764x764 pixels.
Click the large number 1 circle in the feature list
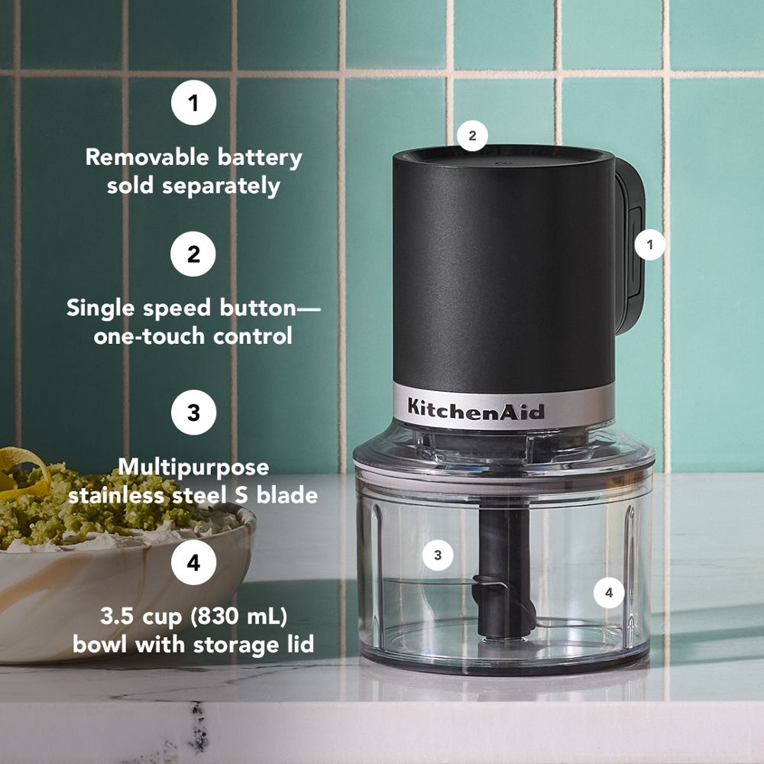(x=193, y=102)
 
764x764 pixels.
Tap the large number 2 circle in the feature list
(x=193, y=254)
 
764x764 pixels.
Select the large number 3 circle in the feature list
(x=193, y=412)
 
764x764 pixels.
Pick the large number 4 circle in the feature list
(x=193, y=563)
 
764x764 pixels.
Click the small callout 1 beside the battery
(x=650, y=245)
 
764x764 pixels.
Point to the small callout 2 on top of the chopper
(x=472, y=136)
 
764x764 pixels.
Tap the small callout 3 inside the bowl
(x=438, y=555)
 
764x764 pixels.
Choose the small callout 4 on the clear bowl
(x=609, y=592)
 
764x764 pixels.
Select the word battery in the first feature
(x=258, y=157)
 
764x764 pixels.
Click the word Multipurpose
(x=193, y=466)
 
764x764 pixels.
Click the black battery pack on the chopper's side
(x=628, y=252)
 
